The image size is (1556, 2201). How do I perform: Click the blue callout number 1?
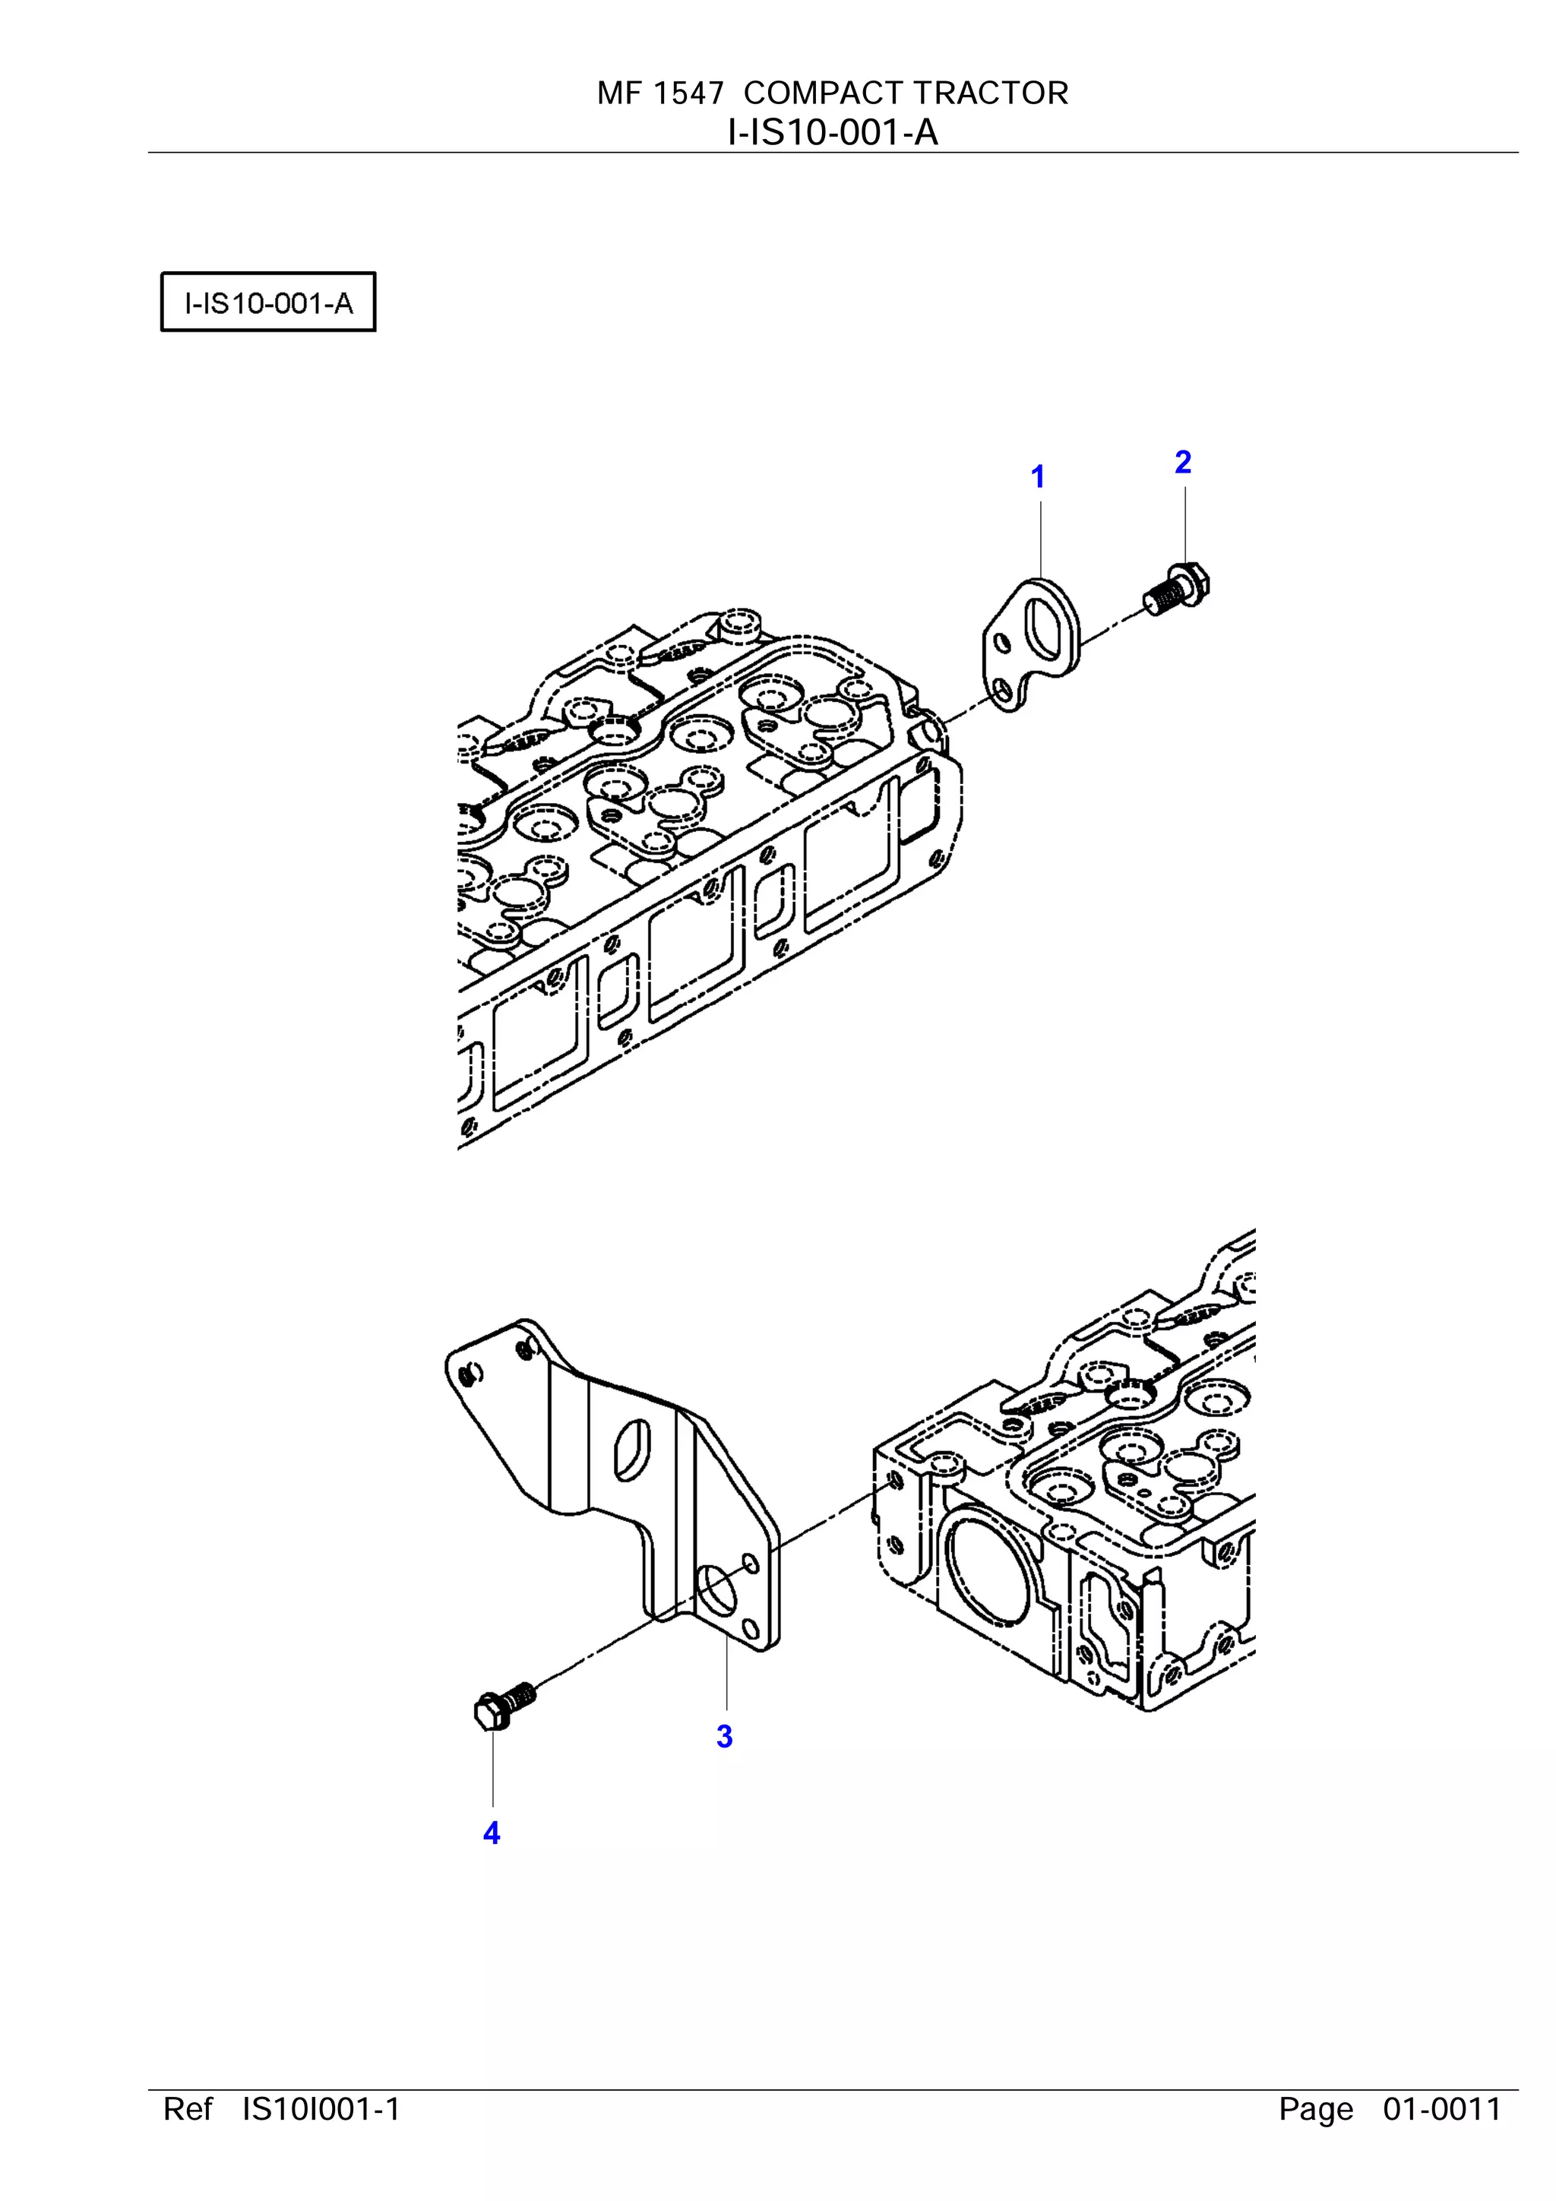1037,476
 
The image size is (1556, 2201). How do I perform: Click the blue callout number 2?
1183,462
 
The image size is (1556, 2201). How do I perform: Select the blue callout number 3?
725,1736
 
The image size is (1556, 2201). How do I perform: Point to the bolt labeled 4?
504,1706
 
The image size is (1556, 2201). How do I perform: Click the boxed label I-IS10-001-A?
268,303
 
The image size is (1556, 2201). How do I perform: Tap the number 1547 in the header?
688,93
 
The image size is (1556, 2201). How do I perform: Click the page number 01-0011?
1442,2109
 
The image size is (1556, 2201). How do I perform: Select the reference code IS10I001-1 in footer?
321,2109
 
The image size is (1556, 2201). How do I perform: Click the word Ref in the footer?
188,2109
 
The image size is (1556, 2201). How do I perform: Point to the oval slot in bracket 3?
633,1450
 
